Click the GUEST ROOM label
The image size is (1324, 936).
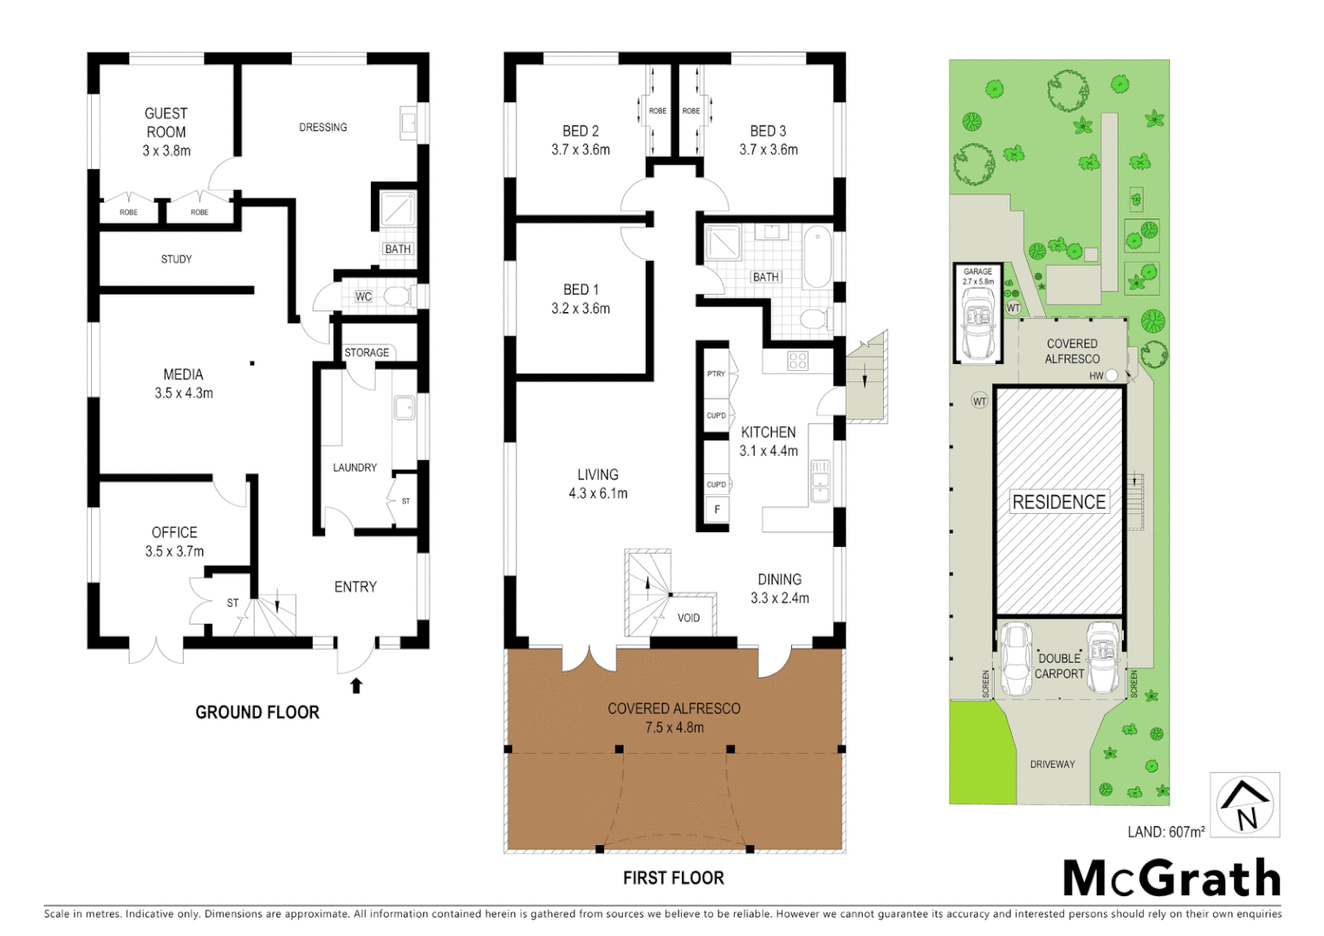coord(165,122)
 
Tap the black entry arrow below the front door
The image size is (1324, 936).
coord(355,686)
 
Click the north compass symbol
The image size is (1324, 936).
coord(1244,804)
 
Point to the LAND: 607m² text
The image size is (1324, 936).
coord(1165,832)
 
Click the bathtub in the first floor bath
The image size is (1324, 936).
coord(816,257)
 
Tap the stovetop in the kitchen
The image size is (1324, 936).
coord(798,361)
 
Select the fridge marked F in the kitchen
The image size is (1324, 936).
coord(717,510)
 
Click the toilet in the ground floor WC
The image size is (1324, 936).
coord(397,297)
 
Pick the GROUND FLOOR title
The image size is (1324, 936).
coord(257,712)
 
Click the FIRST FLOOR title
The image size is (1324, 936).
coord(673,878)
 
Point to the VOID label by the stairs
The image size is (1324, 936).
coord(689,618)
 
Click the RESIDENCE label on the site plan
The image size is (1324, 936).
coord(1059,502)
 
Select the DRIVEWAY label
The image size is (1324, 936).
coord(1052,764)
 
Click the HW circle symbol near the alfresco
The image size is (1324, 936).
coord(1111,375)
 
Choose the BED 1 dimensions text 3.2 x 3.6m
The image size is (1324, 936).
coord(581,309)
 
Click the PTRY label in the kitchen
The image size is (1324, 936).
coord(716,374)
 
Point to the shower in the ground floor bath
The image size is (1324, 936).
coord(399,211)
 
